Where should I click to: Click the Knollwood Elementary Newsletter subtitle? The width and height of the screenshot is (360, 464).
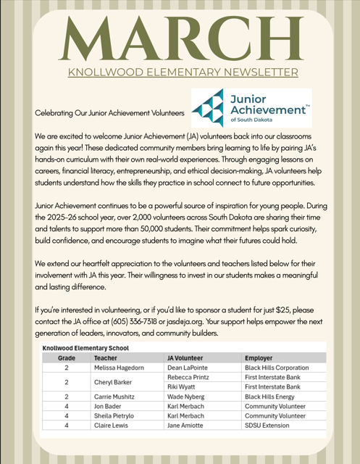tap(182, 72)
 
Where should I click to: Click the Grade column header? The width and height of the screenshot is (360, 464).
tap(67, 358)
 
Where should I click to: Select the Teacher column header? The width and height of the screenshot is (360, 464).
tap(106, 358)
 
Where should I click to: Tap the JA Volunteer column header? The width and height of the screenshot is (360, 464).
tap(185, 358)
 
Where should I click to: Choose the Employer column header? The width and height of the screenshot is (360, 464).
tap(259, 358)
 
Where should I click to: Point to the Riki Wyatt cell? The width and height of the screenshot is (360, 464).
tap(183, 387)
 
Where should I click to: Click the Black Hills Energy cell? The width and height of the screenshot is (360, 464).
tap(269, 397)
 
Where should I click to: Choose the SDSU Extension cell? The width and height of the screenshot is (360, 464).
tap(268, 426)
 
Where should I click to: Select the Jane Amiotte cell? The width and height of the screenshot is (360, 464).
tap(188, 426)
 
